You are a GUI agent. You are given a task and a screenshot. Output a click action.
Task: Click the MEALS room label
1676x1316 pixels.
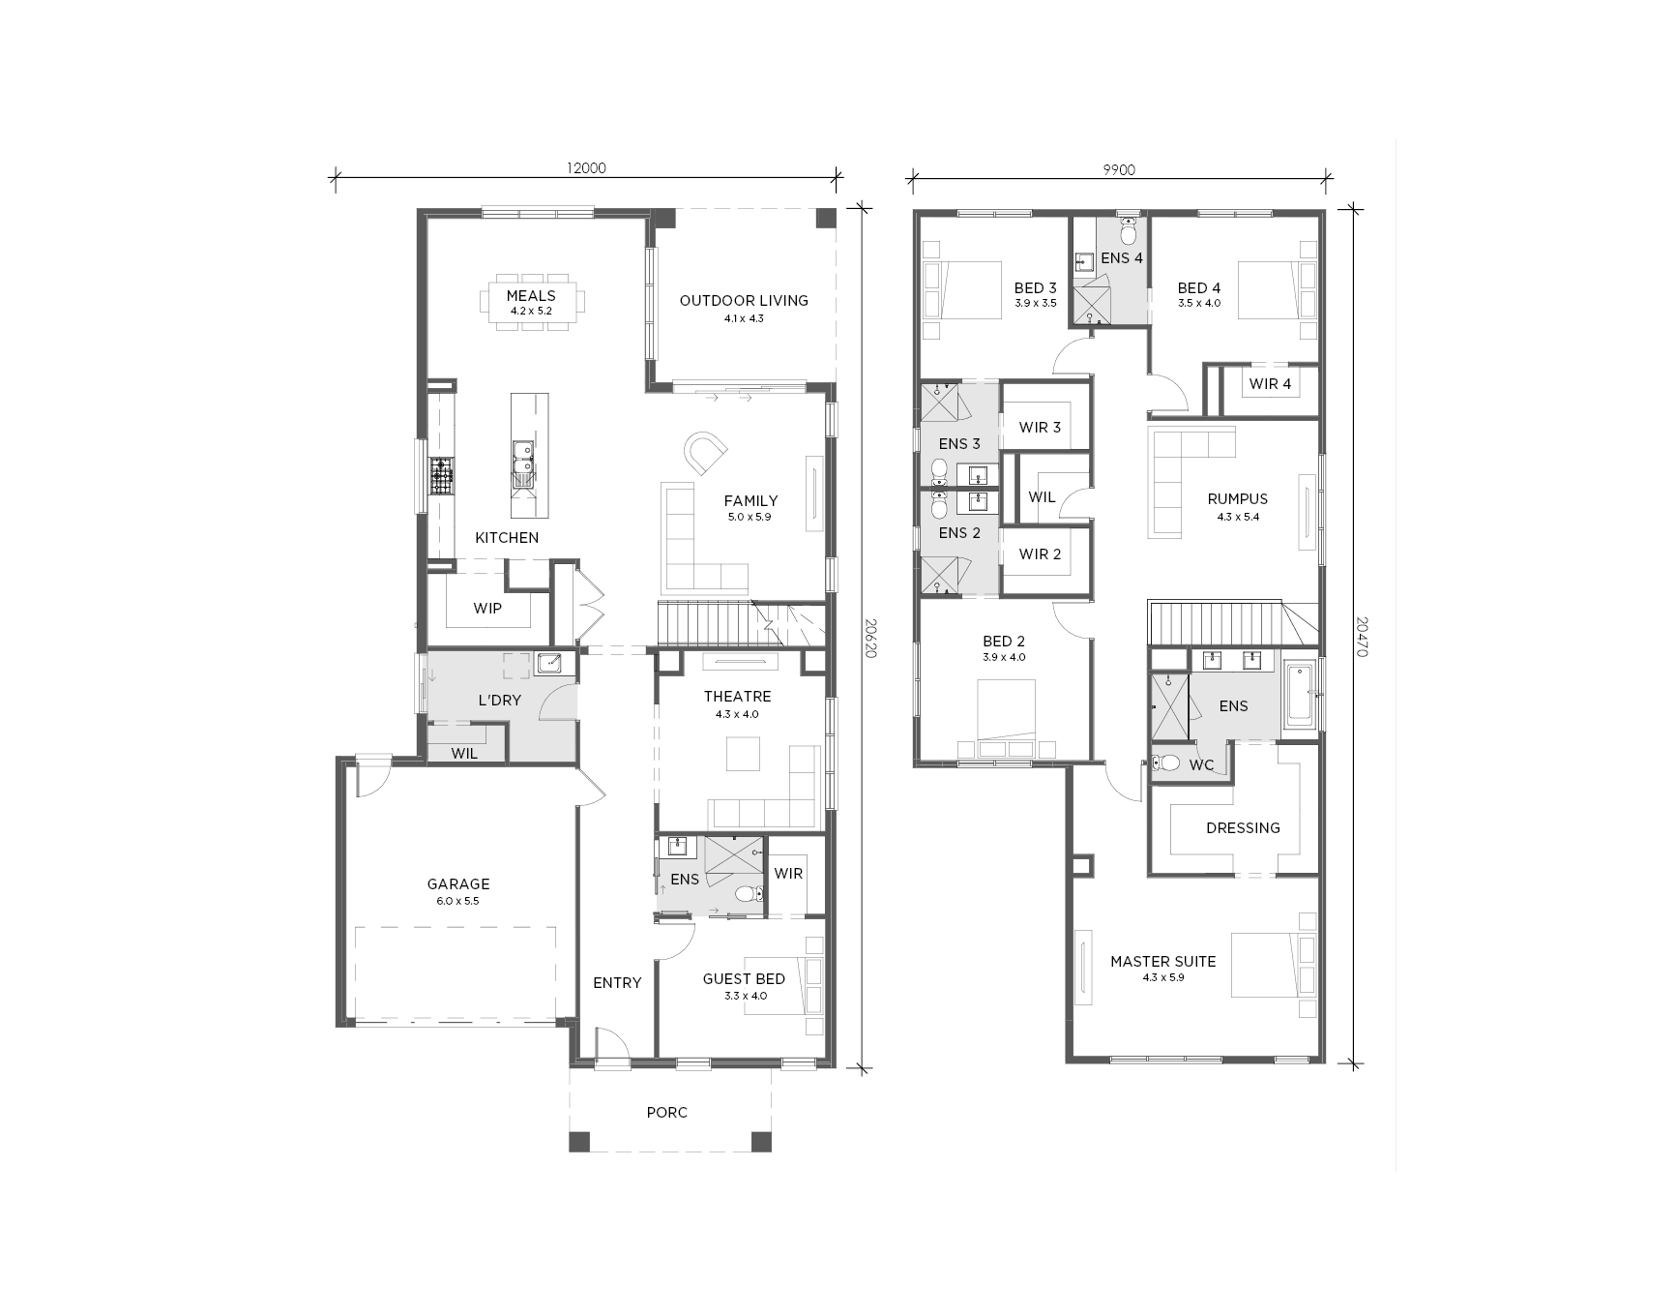531,296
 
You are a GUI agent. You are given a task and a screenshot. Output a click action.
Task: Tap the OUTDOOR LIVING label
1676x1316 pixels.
744,301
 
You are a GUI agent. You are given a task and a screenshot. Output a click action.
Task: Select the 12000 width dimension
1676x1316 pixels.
586,168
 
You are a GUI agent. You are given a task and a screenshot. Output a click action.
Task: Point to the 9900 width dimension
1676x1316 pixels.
1119,169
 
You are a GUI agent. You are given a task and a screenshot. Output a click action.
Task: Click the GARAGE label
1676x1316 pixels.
458,884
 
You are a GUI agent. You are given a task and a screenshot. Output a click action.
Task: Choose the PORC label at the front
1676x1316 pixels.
667,1113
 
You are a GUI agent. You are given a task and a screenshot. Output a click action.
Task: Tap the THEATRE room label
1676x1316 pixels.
737,697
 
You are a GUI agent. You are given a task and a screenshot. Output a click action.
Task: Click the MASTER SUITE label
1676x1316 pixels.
1163,962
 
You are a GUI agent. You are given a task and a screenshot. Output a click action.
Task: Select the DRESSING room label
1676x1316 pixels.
1243,828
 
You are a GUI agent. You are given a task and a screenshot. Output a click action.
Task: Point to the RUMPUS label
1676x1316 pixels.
1238,499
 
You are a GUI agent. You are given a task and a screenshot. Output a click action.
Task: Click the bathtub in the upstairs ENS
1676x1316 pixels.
1301,694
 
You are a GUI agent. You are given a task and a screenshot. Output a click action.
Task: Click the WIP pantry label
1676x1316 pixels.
487,609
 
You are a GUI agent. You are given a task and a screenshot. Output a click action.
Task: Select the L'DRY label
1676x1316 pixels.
499,701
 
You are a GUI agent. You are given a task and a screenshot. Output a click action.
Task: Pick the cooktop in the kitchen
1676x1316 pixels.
442,476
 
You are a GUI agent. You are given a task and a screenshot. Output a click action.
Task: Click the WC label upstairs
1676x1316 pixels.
1201,765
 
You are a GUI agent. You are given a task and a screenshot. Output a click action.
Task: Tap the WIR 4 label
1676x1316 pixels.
1270,384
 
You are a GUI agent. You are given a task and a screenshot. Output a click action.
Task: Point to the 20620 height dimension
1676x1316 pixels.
869,639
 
